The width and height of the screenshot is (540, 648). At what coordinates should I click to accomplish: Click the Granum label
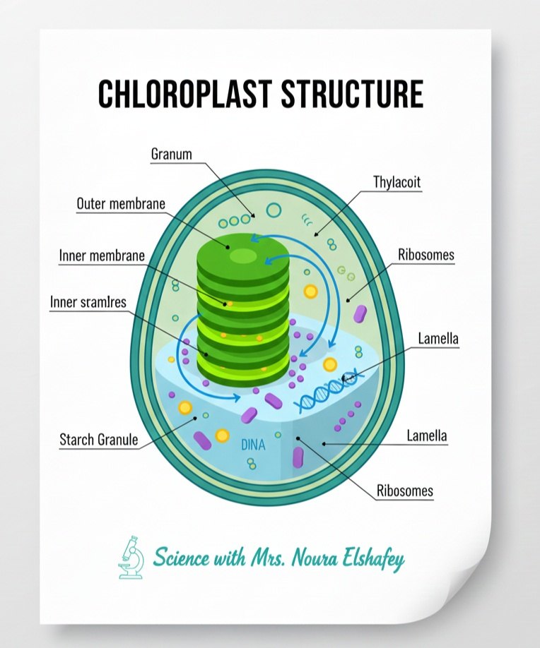(171, 154)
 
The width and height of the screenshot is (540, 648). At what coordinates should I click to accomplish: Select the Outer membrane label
(121, 204)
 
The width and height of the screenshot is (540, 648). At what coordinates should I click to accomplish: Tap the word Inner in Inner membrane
(72, 256)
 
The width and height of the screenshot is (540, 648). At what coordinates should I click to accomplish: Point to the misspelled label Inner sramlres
(88, 302)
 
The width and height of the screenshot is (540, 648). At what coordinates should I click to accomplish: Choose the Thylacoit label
(397, 182)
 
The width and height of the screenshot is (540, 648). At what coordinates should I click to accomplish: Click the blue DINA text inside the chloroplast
(253, 445)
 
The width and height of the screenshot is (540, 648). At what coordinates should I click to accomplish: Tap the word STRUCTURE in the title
(352, 94)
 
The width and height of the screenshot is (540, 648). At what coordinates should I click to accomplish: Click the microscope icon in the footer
(131, 557)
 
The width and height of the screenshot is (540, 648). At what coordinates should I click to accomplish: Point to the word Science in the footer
(181, 558)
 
